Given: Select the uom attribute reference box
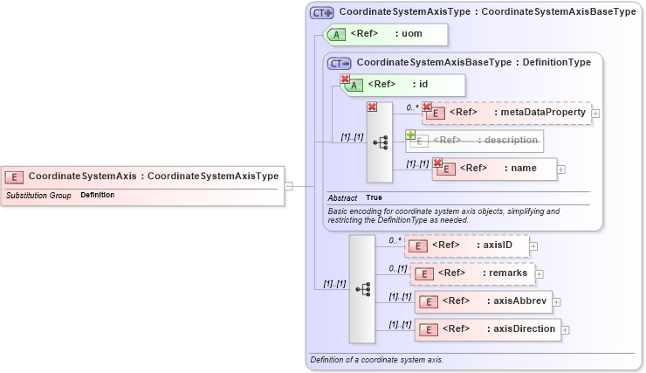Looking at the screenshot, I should click(x=386, y=34).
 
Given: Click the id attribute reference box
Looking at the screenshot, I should click(x=403, y=85).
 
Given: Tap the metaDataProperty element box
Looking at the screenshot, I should click(x=506, y=113).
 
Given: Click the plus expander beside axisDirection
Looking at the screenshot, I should click(x=566, y=330).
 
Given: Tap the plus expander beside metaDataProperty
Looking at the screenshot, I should click(x=595, y=114).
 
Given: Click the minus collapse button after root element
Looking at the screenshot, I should click(x=288, y=185).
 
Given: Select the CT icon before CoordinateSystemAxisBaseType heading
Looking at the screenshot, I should click(x=339, y=63).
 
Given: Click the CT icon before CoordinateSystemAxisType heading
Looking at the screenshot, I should click(x=321, y=13).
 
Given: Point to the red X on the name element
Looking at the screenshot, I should click(x=437, y=162).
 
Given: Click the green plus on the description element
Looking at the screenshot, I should click(x=409, y=135).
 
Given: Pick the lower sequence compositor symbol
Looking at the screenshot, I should click(x=362, y=288).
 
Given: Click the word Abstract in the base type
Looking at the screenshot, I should click(x=342, y=197).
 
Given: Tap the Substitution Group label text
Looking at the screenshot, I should click(x=38, y=195).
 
